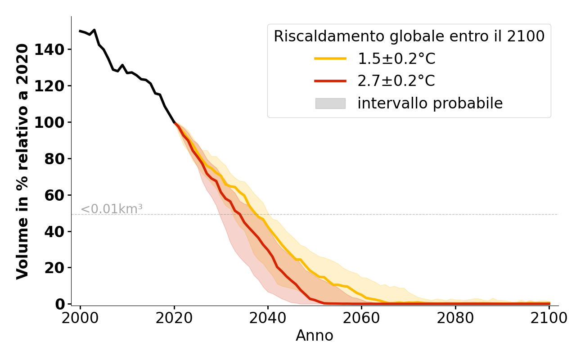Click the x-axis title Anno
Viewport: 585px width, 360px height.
pos(315,336)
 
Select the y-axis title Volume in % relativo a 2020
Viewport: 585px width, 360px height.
pos(22,161)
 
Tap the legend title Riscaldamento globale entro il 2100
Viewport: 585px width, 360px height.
pos(409,36)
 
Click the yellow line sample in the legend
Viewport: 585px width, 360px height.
pos(330,58)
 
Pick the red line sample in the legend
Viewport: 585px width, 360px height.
pos(330,81)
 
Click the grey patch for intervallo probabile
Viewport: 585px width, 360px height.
pos(330,103)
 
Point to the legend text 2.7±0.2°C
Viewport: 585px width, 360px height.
pos(396,81)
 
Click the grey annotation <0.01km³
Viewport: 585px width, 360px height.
pos(112,209)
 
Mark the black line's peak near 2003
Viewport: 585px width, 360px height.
pos(94,30)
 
